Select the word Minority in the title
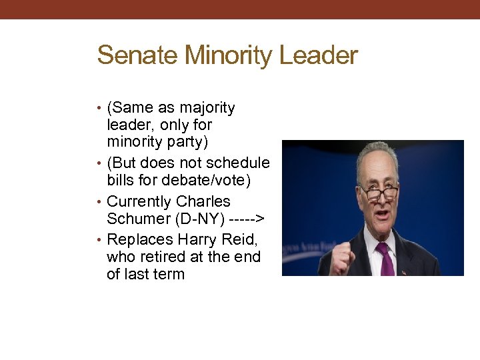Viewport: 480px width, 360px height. tap(229, 55)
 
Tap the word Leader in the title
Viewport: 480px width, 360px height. tap(319, 55)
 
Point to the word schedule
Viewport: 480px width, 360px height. tap(238, 163)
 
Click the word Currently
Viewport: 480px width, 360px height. tap(139, 201)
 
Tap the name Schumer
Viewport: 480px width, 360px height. tap(138, 219)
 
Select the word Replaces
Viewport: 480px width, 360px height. tap(139, 239)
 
